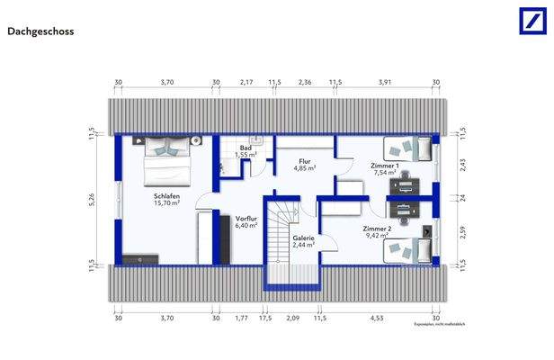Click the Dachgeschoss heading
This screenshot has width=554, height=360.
tap(40, 31)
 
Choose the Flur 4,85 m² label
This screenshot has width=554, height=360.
tap(305, 165)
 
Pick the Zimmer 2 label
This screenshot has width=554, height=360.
tap(377, 232)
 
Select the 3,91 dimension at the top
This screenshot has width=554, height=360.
tap(385, 82)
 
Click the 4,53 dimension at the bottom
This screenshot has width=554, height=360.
tap(377, 317)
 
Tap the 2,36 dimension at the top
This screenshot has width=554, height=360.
tap(305, 82)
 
